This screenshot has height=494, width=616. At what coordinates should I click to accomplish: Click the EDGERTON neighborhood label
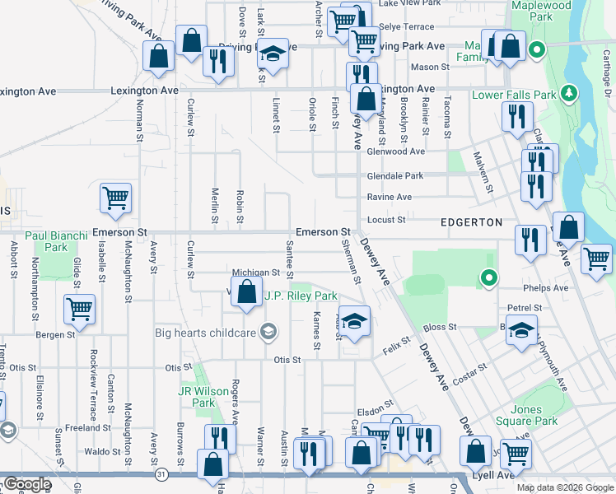click(471, 222)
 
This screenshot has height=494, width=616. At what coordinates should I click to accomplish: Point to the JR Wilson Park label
click(197, 397)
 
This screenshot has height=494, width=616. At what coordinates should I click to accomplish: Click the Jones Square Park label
click(525, 415)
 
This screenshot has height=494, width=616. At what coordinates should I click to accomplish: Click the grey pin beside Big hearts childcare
click(267, 333)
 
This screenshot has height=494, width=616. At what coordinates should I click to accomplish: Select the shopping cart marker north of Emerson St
click(115, 198)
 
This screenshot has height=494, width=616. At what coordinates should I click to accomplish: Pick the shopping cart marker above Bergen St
click(80, 310)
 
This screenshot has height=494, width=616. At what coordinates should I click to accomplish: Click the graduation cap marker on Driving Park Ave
click(273, 54)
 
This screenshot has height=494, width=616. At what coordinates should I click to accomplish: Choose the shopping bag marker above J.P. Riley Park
click(246, 292)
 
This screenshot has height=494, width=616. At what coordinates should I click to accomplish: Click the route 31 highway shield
click(161, 475)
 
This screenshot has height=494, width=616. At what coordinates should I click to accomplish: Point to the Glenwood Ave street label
click(395, 151)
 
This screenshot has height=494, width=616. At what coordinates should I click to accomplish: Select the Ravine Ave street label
click(390, 198)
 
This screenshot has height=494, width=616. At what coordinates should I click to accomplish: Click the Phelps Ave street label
click(549, 289)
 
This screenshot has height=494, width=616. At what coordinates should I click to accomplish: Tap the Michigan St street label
click(257, 272)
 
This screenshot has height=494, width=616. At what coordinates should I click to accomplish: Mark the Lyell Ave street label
click(492, 475)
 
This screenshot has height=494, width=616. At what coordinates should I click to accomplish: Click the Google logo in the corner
click(26, 484)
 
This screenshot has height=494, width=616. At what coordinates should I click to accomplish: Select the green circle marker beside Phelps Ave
click(488, 278)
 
